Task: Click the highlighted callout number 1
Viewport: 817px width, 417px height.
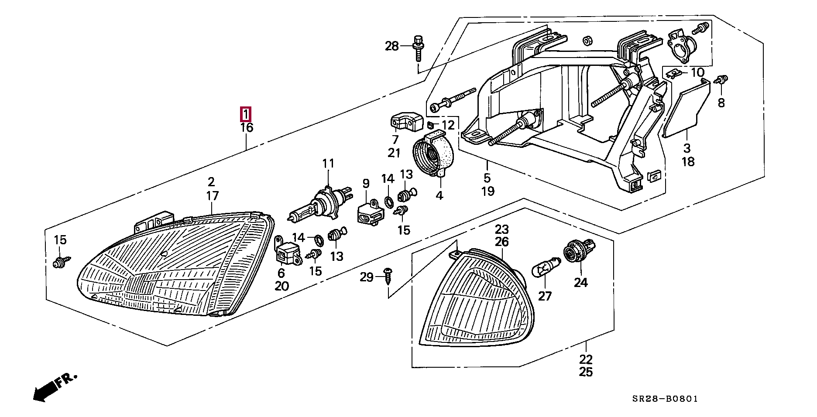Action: (x=246, y=115)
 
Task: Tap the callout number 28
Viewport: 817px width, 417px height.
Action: (x=392, y=45)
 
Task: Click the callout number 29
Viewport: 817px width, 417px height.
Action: (x=367, y=277)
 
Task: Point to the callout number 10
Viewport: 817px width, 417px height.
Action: (x=697, y=72)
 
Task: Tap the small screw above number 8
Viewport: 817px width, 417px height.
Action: (x=721, y=80)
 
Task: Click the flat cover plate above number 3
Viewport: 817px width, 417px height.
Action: (x=686, y=109)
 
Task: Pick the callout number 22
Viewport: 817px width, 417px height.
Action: (x=586, y=359)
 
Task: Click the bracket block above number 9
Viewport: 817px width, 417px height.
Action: (x=371, y=212)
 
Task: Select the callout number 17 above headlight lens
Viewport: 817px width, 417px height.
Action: (x=212, y=196)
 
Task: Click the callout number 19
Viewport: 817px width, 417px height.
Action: (x=487, y=191)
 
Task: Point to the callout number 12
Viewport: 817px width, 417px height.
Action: (x=448, y=125)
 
